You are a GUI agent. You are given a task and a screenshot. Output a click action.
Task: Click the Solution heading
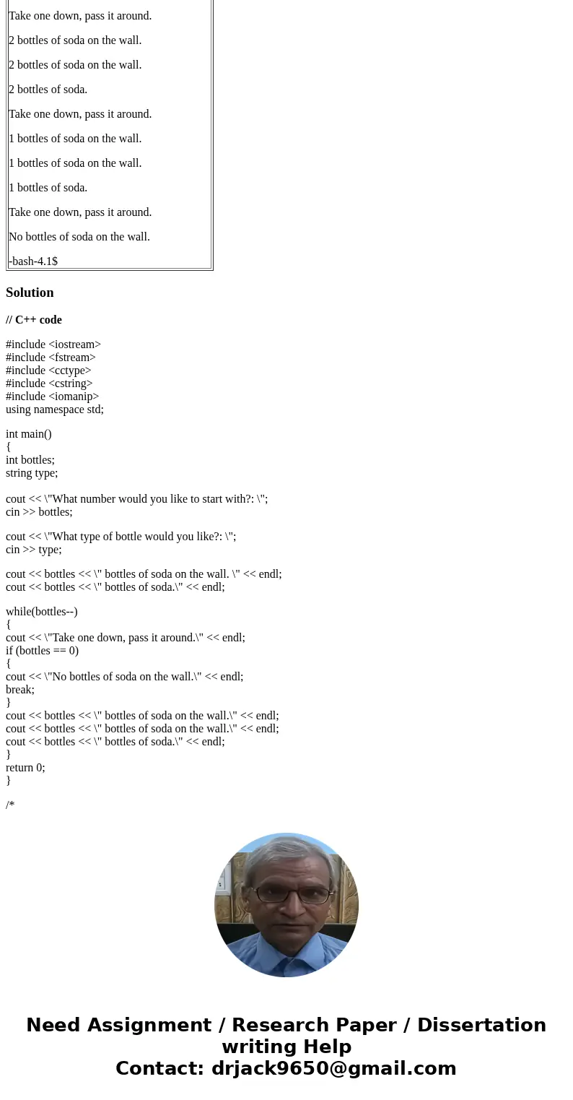(30, 293)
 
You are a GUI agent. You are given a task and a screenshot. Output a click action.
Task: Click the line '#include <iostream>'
(53, 345)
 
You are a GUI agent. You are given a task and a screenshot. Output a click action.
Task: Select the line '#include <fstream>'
(51, 358)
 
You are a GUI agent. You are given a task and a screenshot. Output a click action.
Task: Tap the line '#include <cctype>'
(48, 371)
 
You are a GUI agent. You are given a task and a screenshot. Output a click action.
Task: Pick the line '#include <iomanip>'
(52, 397)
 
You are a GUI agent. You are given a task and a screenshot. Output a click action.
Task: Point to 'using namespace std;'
(55, 410)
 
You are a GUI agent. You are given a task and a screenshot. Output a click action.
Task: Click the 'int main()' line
(29, 434)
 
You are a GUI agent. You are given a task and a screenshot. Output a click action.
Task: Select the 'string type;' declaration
(32, 473)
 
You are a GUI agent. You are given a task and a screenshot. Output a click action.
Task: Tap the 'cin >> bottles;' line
(39, 512)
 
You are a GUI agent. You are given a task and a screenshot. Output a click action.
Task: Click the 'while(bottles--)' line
(42, 612)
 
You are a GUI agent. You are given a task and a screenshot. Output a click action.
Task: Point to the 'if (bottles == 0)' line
(42, 651)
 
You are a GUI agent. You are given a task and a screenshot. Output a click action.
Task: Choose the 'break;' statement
(20, 690)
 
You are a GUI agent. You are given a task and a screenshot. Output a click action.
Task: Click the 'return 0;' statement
(25, 768)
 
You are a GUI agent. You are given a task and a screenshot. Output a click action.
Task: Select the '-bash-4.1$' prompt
(33, 261)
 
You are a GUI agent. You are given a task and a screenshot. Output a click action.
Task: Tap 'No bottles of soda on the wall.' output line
(79, 237)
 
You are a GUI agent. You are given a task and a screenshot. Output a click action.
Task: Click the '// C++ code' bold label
(34, 320)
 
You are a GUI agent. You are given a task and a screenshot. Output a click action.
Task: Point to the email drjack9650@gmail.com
(334, 1069)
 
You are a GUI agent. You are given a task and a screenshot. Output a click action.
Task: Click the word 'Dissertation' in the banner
(481, 1026)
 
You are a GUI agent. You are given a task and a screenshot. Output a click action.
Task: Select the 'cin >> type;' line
(34, 550)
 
